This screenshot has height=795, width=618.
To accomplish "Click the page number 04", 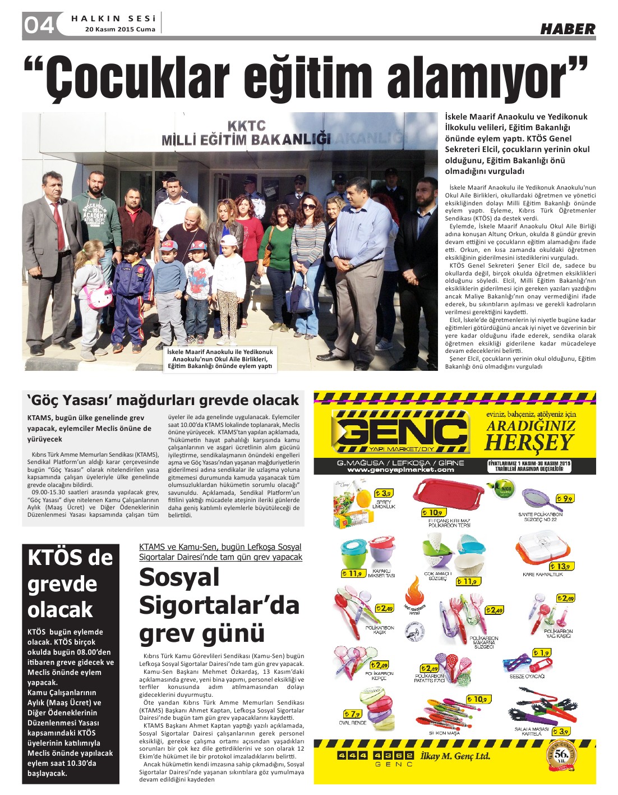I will (x=38, y=25).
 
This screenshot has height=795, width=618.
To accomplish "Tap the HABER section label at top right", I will (x=567, y=29).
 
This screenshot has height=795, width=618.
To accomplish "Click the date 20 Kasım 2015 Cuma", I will (x=121, y=30).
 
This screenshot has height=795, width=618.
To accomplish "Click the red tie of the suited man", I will (x=59, y=226).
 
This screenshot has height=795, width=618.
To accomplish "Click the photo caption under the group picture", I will (x=220, y=359).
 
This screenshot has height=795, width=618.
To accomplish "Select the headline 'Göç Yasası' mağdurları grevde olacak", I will (x=163, y=401).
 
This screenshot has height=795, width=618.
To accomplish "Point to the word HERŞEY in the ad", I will (x=529, y=443).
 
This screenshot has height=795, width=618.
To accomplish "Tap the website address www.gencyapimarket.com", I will (x=400, y=470).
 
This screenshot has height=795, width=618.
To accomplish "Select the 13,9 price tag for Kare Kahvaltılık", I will (x=562, y=566).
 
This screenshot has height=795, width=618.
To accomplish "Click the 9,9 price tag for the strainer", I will (x=564, y=498).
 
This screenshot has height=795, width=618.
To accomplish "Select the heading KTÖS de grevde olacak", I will (x=71, y=583).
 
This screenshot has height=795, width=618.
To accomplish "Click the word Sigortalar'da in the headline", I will (x=219, y=606).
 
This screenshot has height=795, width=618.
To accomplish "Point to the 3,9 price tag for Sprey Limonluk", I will (x=383, y=494).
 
